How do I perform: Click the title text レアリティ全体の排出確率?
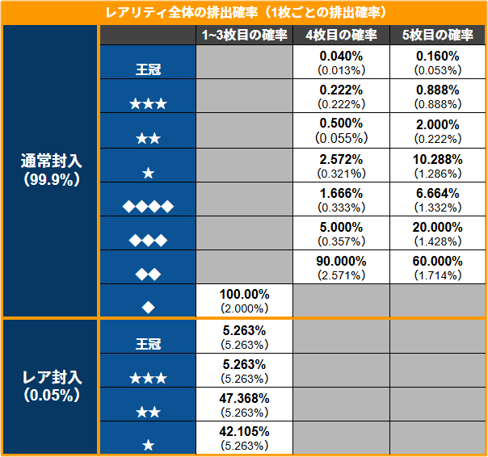coord(244,12)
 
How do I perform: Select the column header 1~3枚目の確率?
coord(244,36)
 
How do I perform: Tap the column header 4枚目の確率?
coord(341,36)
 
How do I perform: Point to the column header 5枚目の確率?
coord(438,36)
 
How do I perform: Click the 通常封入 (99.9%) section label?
coord(50,170)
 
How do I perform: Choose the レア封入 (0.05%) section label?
coord(50,386)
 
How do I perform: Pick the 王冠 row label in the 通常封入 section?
coord(148,69)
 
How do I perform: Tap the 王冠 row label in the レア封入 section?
coord(148,343)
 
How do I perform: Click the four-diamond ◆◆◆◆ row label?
coord(148,206)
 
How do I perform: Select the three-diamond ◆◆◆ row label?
coord(148,240)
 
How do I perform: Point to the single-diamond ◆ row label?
coord(148,308)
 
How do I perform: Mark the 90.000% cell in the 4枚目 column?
coord(341,267)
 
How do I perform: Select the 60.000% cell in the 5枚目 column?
coord(438,267)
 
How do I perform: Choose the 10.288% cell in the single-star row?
coord(438,166)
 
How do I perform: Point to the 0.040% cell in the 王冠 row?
coord(341,62)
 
